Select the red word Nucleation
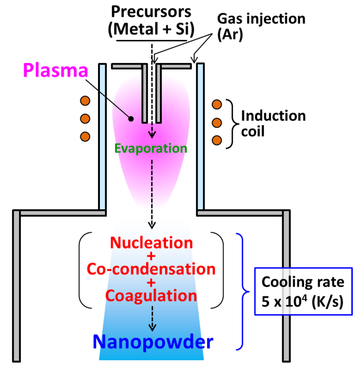(152, 243)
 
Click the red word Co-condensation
(152, 270)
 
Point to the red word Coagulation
(152, 296)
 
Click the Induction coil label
(273, 123)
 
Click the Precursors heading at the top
(151, 12)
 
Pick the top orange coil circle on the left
(85, 101)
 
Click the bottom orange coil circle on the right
(217, 140)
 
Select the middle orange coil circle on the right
(217, 122)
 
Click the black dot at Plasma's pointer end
(131, 119)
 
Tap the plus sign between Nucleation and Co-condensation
(152, 256)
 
